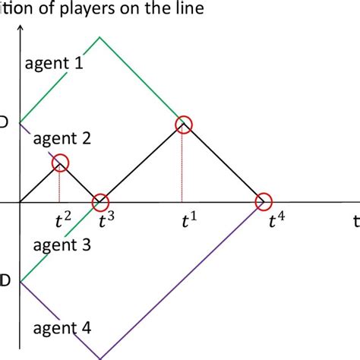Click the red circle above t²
[x=61, y=163]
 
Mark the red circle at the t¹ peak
[x=182, y=123]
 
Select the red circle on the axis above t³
[x=99, y=203]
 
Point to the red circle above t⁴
[x=263, y=202]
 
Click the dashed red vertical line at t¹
[x=182, y=167]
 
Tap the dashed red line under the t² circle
[x=61, y=186]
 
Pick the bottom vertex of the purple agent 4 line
[x=101, y=358]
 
